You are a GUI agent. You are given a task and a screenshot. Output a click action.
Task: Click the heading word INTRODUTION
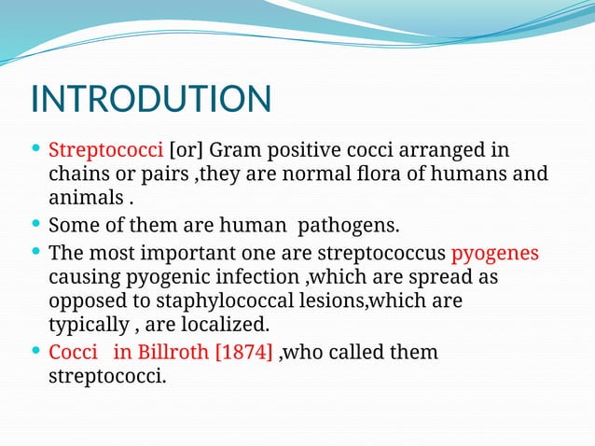[x=151, y=100]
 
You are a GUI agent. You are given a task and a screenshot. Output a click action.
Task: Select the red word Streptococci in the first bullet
[x=105, y=149]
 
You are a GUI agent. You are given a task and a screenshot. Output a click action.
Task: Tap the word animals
[x=85, y=199]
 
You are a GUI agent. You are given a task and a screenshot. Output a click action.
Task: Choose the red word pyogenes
[x=494, y=253]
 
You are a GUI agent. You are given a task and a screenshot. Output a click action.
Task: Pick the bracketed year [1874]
[x=243, y=354]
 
